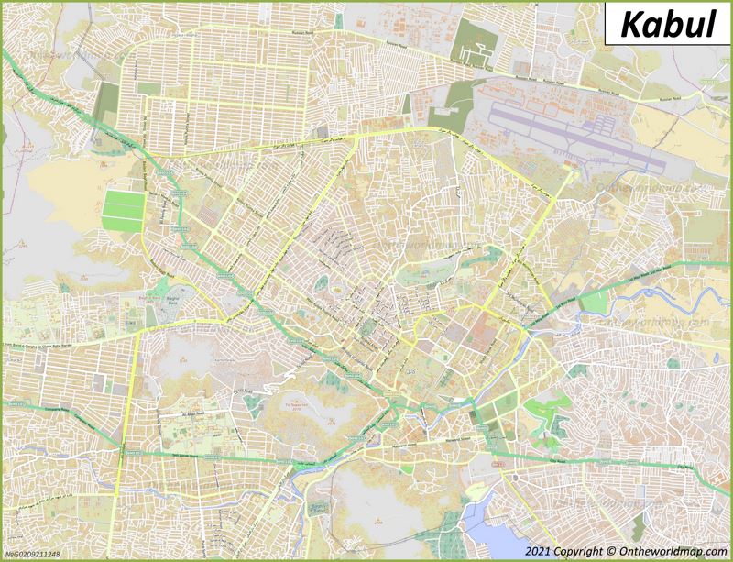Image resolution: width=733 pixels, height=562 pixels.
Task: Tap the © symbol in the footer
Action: point(611,551)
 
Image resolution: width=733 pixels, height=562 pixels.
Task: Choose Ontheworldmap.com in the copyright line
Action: point(673,551)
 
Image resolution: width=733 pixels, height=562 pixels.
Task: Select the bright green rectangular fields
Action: point(123,211)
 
